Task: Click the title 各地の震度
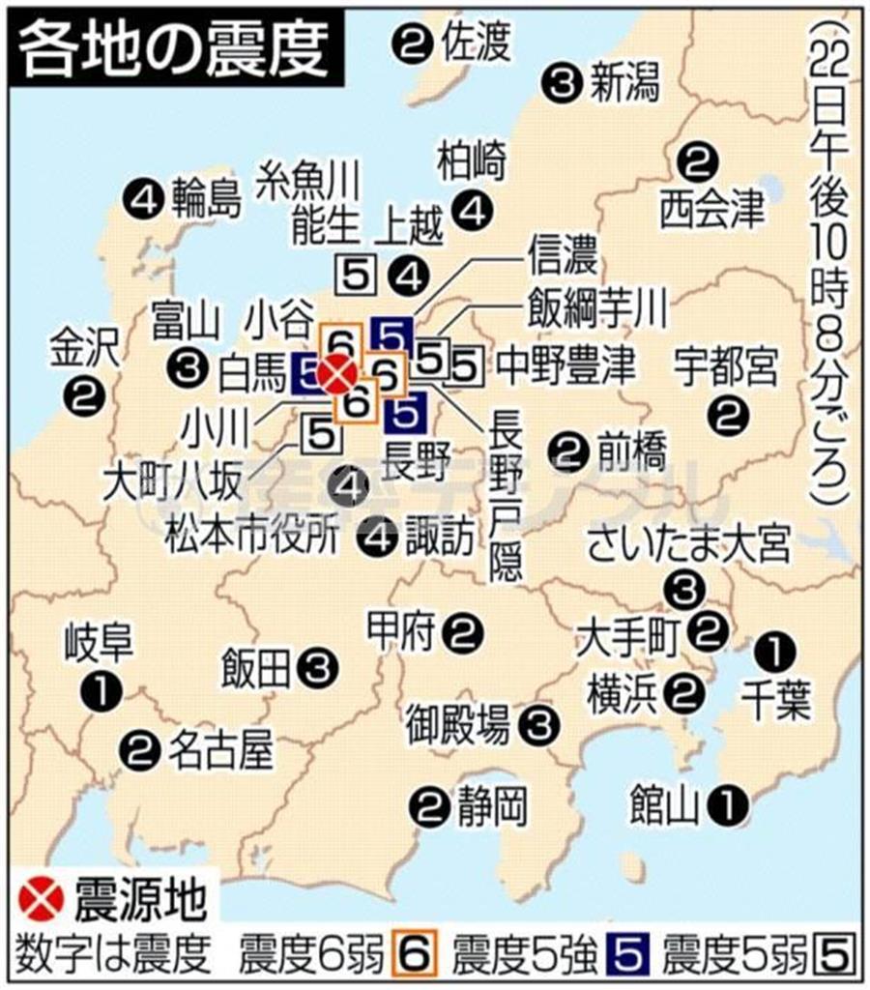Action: [x=175, y=48]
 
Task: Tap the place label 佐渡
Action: [x=474, y=41]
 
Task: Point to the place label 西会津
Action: [x=711, y=211]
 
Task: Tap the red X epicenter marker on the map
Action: [x=338, y=373]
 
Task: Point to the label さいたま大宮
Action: [x=688, y=545]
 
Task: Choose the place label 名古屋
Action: [x=220, y=747]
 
